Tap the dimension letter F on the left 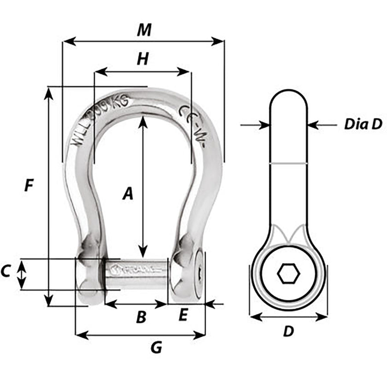pyautogui.click(x=29, y=185)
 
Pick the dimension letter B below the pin pyautogui.click(x=141, y=317)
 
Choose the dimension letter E pyautogui.click(x=182, y=316)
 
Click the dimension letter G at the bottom pyautogui.click(x=157, y=348)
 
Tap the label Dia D pyautogui.click(x=363, y=124)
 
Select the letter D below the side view pyautogui.click(x=288, y=331)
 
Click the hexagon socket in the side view pyautogui.click(x=288, y=274)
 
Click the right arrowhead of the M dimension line pyautogui.click(x=220, y=42)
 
